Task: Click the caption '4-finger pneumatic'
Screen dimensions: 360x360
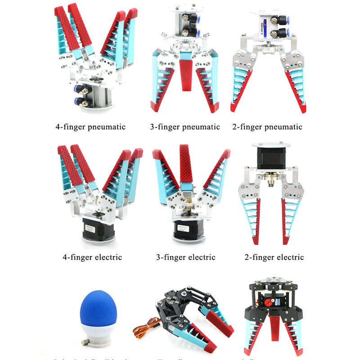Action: (90, 127)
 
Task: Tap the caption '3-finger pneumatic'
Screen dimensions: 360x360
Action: (185, 127)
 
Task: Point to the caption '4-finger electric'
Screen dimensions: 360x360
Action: (92, 257)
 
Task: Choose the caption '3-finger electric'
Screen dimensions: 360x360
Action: (185, 257)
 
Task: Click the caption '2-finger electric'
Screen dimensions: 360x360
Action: (274, 257)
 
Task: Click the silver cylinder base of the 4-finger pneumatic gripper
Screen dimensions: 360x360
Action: (95, 97)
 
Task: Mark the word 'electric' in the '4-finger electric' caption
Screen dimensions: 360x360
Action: (107, 257)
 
